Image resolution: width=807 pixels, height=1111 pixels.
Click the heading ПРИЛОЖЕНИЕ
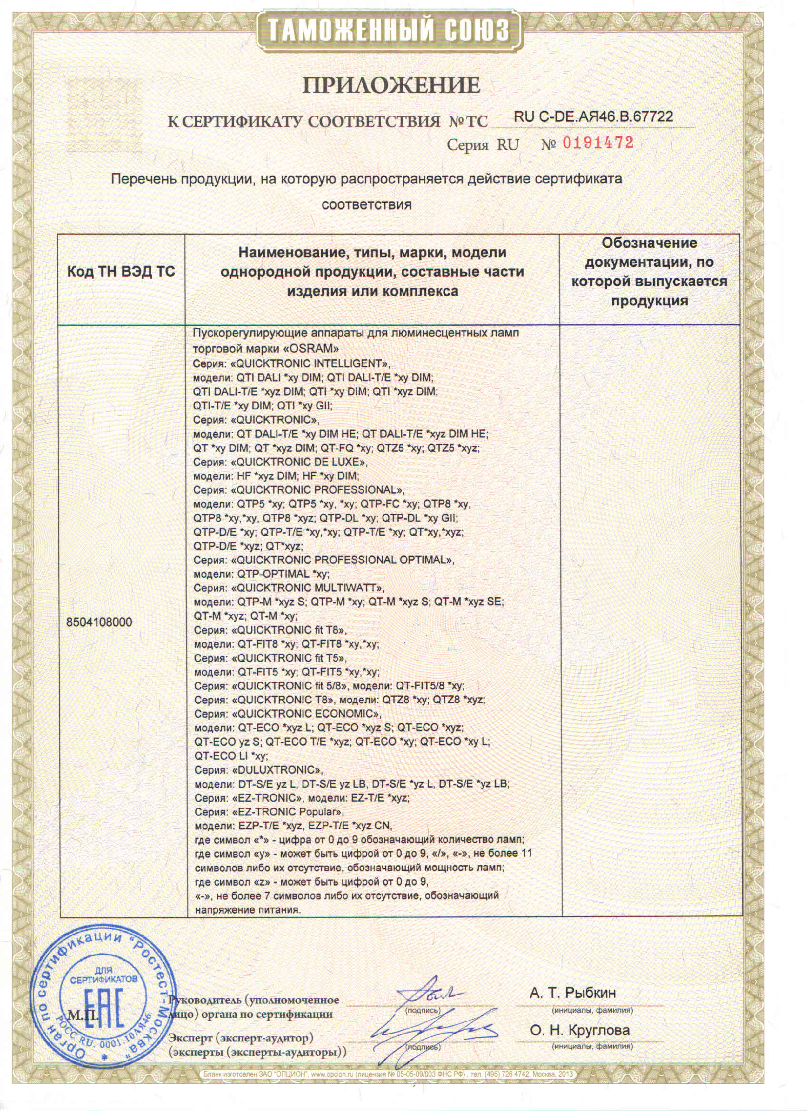[391, 85]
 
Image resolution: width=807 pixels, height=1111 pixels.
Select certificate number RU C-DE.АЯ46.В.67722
[593, 116]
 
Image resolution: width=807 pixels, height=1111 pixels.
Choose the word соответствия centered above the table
[366, 204]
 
